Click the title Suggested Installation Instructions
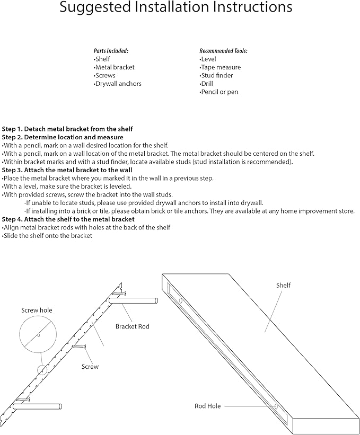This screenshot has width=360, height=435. click(175, 7)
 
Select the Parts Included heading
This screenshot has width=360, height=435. click(111, 51)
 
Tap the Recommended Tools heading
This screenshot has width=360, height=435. click(223, 51)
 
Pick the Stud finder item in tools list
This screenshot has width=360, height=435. click(216, 76)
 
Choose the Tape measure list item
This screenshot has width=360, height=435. click(220, 67)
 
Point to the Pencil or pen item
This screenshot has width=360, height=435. click(219, 92)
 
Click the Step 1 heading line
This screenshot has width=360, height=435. click(67, 129)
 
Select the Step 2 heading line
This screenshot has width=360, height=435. click(63, 137)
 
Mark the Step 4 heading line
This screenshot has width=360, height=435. click(68, 219)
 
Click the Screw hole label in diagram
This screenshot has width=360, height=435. click(37, 310)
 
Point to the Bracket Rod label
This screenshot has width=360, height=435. click(133, 327)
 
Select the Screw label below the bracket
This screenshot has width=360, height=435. click(90, 367)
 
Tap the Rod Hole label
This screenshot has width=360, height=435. click(207, 406)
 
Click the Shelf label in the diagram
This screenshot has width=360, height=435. click(283, 286)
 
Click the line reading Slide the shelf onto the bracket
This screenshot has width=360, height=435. click(48, 236)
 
